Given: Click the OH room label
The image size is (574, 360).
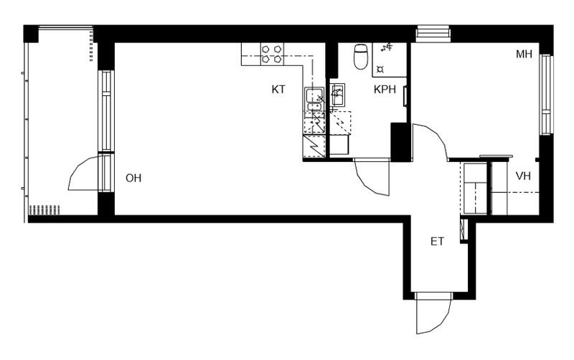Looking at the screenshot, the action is point(133,178).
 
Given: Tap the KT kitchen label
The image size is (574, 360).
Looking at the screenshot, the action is point(278,89).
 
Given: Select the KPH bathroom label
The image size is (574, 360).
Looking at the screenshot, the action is point(385,89).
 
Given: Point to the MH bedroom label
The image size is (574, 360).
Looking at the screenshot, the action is point(524,55).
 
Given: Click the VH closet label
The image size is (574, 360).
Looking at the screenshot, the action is point(523,176).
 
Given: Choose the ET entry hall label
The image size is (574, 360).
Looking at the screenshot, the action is point(437,242).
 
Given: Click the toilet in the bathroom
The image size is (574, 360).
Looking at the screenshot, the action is point(361,57).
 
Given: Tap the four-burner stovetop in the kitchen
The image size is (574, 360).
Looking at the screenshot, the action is point(272,55).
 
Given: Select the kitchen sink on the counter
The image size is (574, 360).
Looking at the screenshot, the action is point(314,99).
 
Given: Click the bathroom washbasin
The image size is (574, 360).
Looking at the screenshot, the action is point(337,95).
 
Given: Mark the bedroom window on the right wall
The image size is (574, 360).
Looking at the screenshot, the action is point(546,95).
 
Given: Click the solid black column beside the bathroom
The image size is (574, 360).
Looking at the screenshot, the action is point(400,141).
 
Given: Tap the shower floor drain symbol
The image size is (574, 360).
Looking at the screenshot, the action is point(380,69).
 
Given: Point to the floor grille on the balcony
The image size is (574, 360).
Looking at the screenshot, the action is point(44,209).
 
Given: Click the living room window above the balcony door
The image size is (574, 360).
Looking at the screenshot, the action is point(106,110).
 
